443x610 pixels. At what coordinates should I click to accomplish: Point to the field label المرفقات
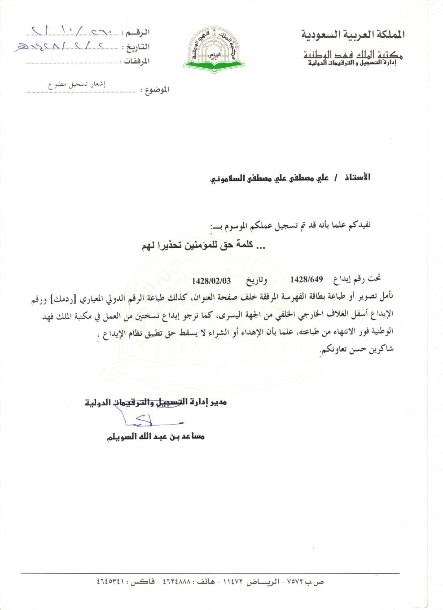coord(136,61)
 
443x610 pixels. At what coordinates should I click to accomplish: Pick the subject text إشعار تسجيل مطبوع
coord(77,84)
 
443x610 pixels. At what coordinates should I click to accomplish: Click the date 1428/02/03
coord(211,281)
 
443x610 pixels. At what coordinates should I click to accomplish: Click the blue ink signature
coord(150,421)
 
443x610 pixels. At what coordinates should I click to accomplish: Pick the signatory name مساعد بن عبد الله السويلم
coord(155,436)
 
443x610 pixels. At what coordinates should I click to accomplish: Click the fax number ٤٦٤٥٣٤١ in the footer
coord(113,581)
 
